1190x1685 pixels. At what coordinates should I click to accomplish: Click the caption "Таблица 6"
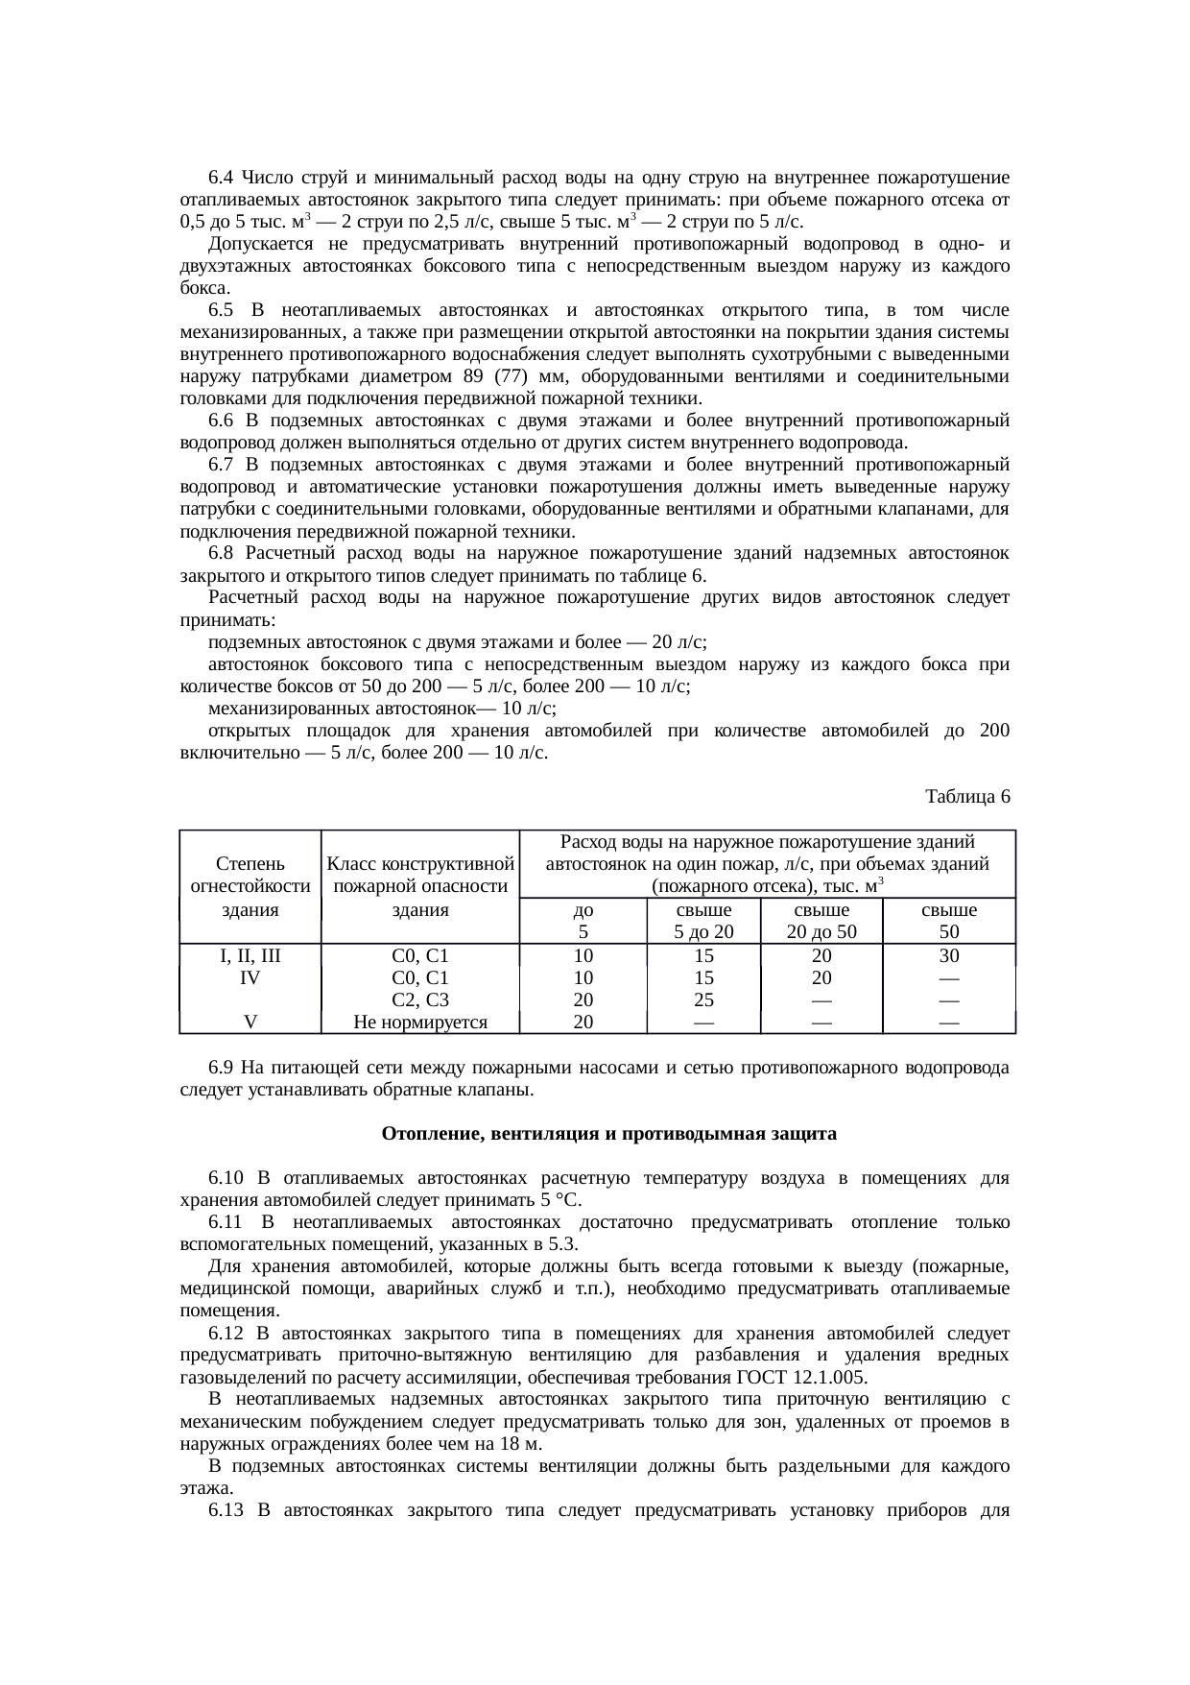[966, 797]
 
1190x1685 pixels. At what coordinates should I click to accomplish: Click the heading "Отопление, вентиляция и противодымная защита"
[608, 1134]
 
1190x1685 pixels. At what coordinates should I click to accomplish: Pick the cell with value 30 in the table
[948, 956]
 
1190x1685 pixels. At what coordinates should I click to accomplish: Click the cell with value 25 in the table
[703, 1000]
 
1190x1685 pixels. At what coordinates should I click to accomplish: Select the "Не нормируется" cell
[420, 1023]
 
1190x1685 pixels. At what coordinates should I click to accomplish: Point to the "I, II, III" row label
[250, 956]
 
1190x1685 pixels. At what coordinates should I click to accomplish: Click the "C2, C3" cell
[420, 1000]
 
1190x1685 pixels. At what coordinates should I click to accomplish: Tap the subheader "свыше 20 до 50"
[821, 921]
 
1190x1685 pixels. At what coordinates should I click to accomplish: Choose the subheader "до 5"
[583, 921]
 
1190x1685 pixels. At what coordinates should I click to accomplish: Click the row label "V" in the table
[250, 1023]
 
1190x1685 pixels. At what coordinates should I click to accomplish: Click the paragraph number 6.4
[221, 178]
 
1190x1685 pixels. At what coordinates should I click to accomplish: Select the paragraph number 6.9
[221, 1068]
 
